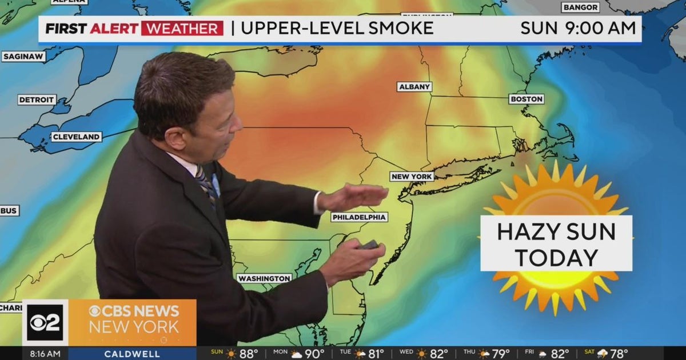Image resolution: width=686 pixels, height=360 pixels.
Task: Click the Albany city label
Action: [414, 87]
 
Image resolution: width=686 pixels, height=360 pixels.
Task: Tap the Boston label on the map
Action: [527, 99]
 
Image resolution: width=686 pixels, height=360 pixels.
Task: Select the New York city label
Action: [412, 177]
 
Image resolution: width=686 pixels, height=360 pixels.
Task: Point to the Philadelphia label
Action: [360, 217]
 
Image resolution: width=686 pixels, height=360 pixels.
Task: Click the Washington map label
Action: [264, 278]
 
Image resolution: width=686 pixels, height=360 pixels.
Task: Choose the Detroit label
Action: [37, 100]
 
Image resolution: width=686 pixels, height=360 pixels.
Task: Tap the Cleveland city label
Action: [77, 137]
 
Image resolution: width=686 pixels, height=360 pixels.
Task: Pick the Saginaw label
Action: [23, 57]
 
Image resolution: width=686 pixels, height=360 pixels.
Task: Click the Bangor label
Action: [580, 7]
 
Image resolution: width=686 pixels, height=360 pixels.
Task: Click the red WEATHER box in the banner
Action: [182, 29]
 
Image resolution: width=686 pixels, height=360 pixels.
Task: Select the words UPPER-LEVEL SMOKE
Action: [337, 29]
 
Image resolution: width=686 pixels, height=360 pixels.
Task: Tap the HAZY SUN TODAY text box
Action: [556, 243]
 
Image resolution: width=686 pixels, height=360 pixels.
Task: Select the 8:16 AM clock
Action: [45, 354]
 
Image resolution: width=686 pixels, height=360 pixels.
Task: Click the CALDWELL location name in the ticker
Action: [132, 354]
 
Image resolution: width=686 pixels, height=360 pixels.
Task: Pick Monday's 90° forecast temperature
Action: [314, 354]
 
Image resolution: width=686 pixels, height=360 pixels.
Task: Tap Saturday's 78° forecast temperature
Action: [619, 354]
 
